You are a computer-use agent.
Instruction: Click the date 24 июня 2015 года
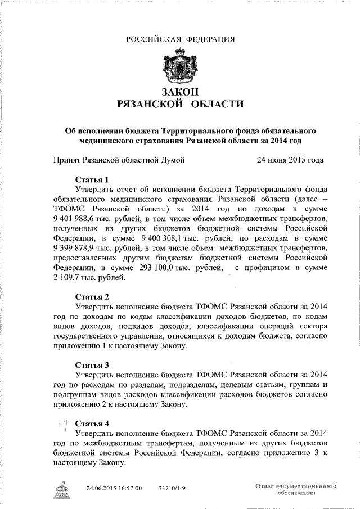pos(290,160)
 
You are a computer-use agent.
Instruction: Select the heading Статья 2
pos(92,297)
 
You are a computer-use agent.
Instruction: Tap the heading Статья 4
pos(92,423)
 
